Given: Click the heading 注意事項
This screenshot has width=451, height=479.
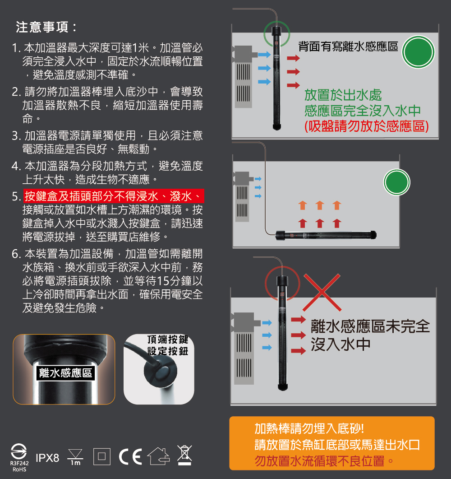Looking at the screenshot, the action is [42, 27].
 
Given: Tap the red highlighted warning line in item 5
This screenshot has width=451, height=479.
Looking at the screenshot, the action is [114, 196].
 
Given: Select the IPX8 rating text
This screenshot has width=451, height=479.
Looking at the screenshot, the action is [48, 458].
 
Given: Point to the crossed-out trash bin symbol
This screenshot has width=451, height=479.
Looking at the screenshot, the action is [184, 455].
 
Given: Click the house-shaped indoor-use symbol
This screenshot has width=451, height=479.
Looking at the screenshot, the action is [159, 456].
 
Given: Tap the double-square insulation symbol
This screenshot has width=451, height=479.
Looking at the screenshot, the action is [102, 456].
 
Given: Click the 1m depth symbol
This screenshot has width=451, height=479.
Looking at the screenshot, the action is [75, 457].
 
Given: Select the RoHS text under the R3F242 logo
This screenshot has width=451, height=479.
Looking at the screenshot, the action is [19, 470].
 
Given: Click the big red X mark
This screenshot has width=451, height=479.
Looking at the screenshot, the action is [322, 293].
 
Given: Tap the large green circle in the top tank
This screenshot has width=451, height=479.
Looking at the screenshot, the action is [419, 52].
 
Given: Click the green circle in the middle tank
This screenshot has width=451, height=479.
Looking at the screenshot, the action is [397, 182].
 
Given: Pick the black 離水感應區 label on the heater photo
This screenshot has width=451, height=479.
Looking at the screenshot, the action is [65, 373].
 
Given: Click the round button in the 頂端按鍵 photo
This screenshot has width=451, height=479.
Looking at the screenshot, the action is [161, 372].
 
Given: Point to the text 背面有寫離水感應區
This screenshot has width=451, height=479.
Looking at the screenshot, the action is [348, 47].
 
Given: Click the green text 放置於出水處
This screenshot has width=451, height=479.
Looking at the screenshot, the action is [343, 95].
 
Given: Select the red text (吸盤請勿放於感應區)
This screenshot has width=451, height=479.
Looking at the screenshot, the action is [367, 126].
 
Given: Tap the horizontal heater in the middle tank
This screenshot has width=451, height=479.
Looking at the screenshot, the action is [326, 235].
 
